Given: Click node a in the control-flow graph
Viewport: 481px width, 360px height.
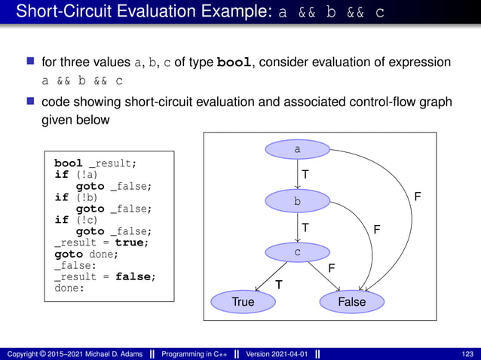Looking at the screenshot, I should coord(297,150).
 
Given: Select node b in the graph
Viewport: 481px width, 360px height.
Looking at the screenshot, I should coord(297,201).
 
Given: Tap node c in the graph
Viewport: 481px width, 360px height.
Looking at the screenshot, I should coord(297,252).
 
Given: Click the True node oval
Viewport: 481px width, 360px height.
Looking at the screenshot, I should coord(243,302).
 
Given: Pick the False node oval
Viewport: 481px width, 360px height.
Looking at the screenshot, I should coord(351,302).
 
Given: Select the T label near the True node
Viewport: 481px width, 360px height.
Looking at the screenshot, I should coord(278,285).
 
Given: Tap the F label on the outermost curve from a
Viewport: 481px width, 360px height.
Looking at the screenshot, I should coord(418,197).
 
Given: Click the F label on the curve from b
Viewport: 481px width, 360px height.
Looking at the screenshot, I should coord(377,227).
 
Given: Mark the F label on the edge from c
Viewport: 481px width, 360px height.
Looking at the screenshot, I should coord(331,268).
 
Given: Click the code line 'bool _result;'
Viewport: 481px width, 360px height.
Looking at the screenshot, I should coord(95,163).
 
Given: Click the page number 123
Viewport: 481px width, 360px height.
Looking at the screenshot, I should coord(468,354).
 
